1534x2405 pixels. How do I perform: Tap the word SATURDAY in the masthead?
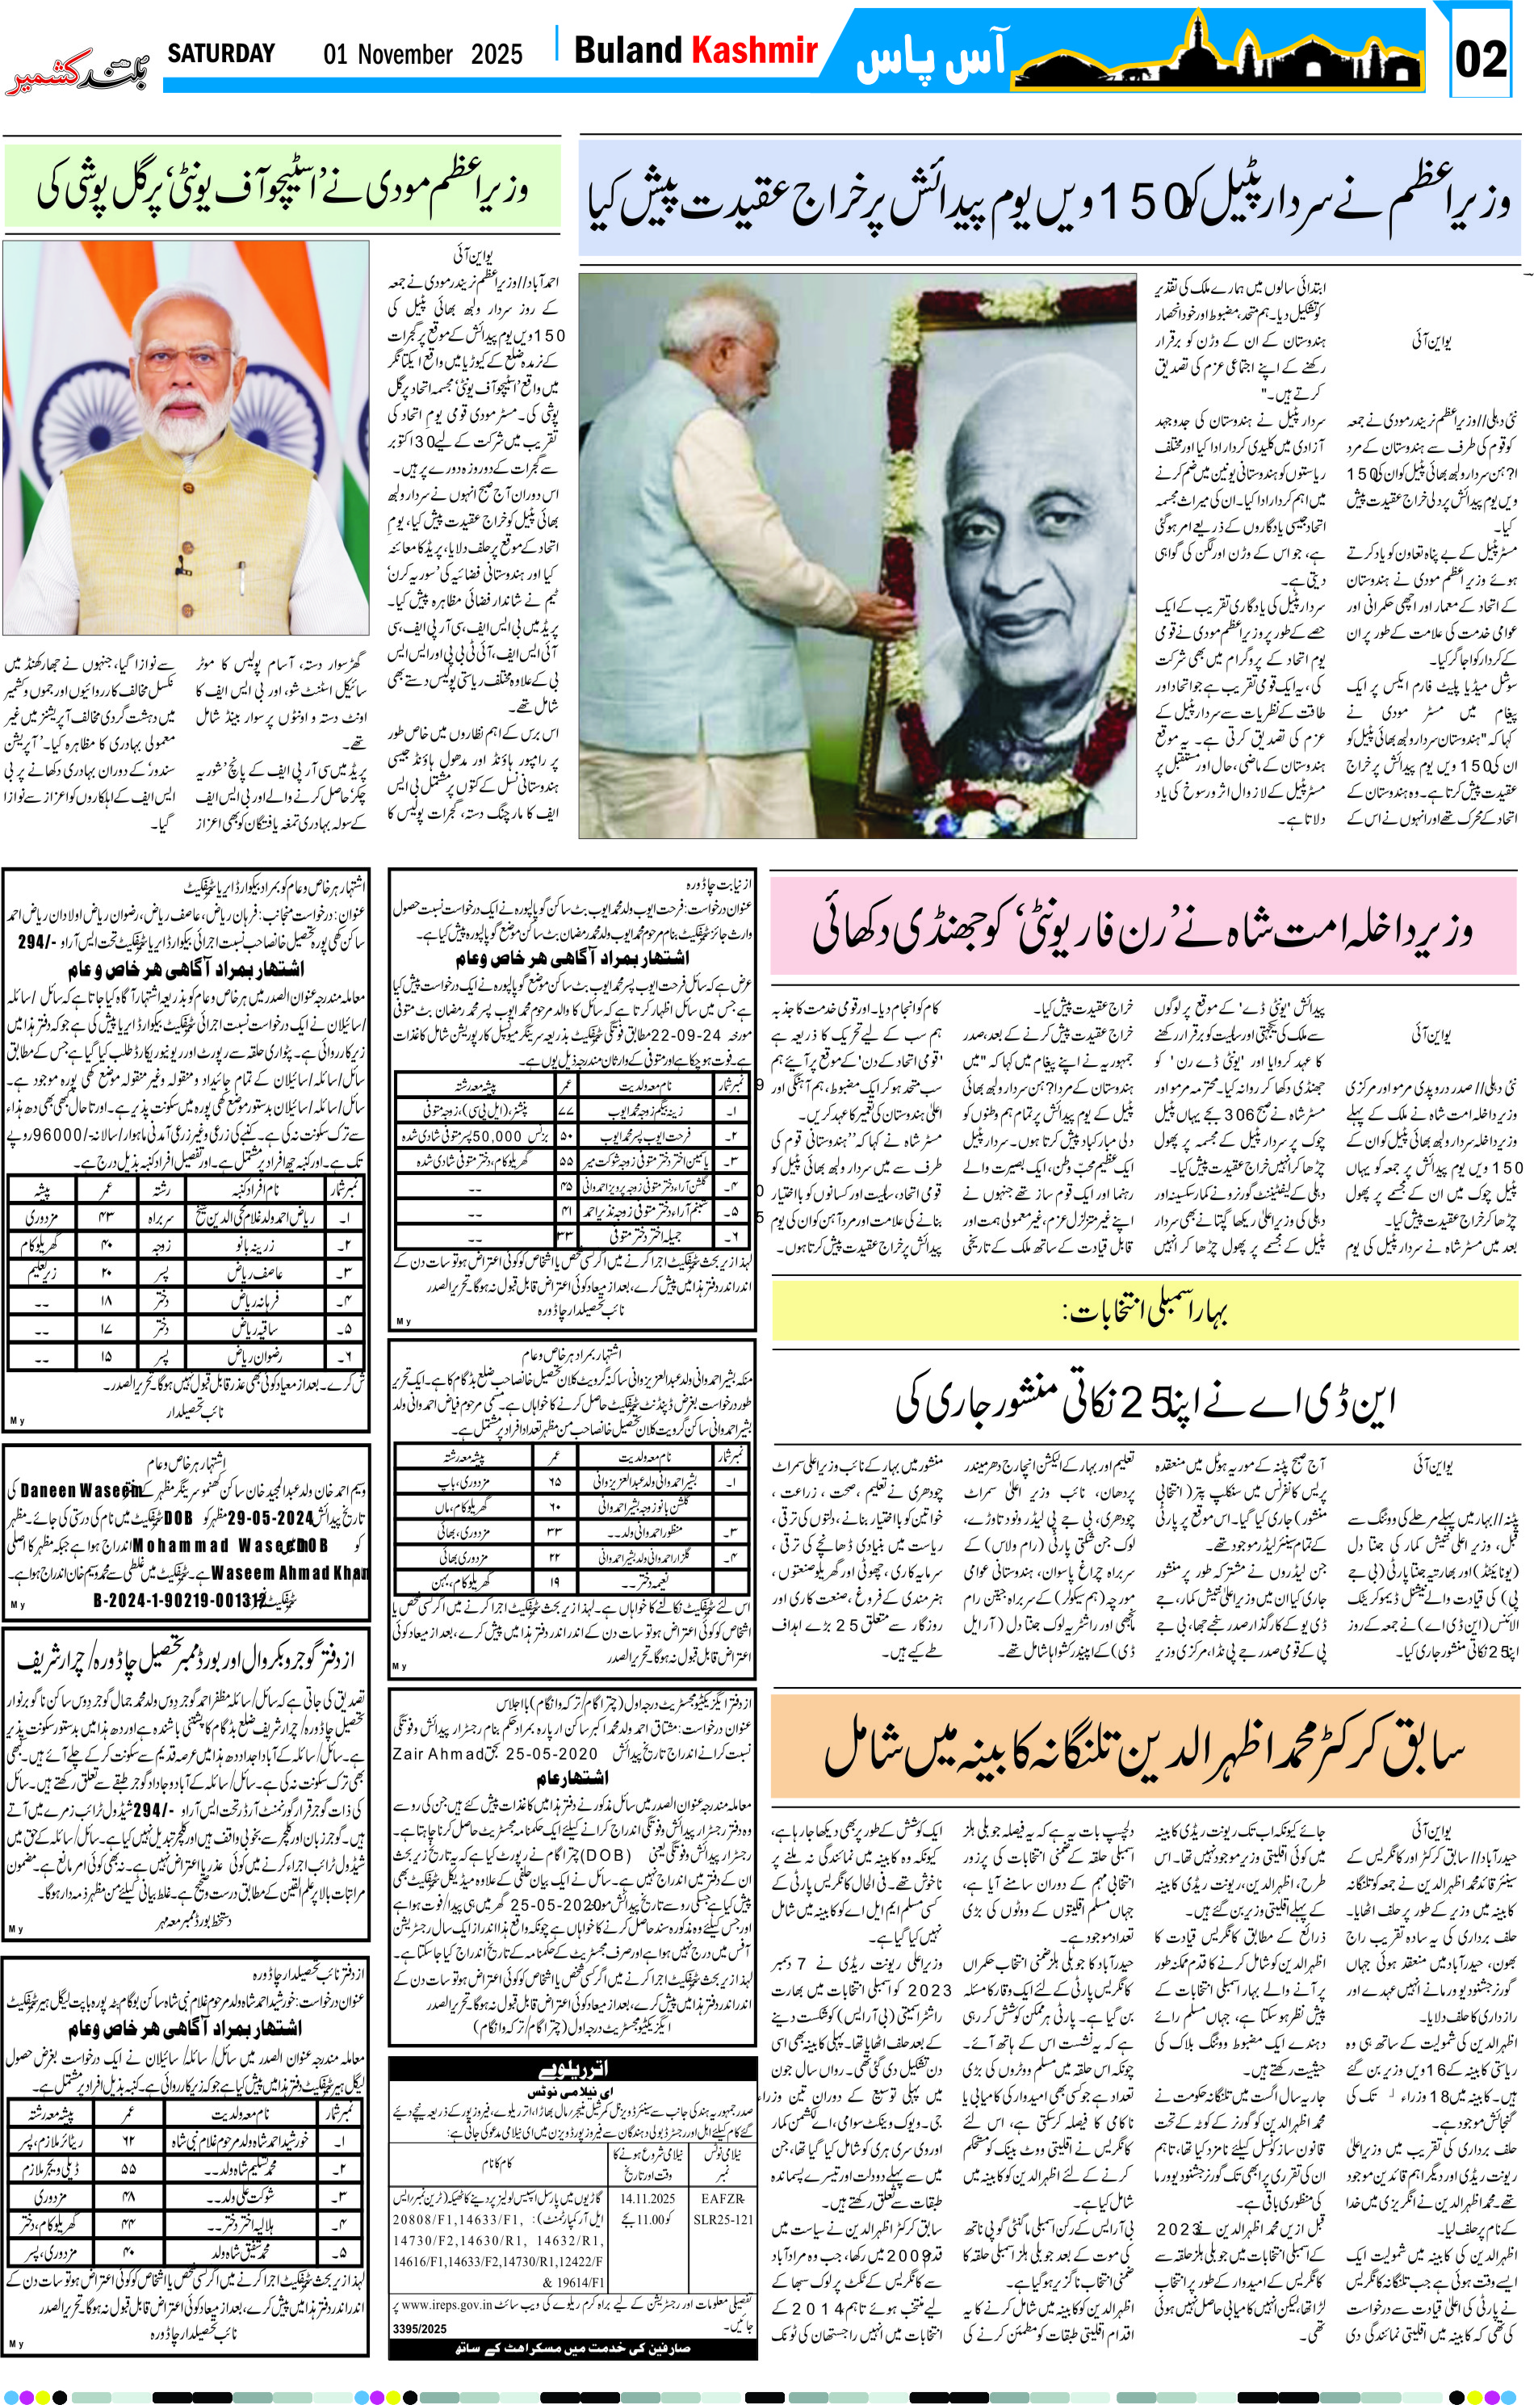tap(220, 53)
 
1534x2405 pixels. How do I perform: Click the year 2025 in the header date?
tap(497, 54)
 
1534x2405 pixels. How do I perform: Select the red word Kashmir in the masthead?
tap(755, 50)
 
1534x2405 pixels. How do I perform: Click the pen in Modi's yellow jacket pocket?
tap(182, 565)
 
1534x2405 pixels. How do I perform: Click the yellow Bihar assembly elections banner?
tap(1145, 1311)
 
